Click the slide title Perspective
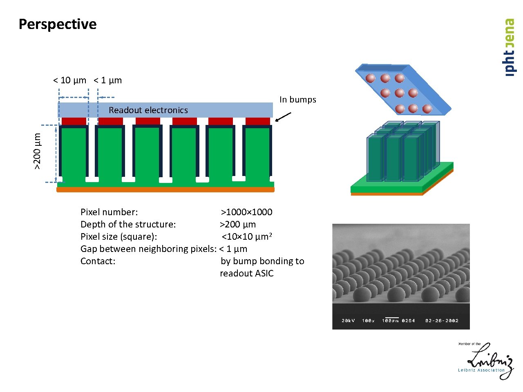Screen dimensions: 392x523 pos(58,24)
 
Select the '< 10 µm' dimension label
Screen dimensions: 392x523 pos(70,80)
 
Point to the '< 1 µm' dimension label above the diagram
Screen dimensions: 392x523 pos(108,80)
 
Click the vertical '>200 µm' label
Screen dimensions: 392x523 pos(37,151)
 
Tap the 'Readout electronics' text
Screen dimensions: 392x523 pos(148,110)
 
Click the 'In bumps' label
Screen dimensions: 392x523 pos(297,100)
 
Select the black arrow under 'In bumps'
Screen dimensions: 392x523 pos(283,117)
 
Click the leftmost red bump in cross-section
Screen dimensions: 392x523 pos(74,121)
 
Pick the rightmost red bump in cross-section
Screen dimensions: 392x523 pos(258,121)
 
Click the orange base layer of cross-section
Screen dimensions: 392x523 pos(165,189)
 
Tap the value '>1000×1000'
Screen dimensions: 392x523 pos(246,212)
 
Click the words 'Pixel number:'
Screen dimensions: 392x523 pos(109,212)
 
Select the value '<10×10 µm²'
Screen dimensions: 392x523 pos(247,236)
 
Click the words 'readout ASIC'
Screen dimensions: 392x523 pos(246,274)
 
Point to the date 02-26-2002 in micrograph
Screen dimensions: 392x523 pos(442,321)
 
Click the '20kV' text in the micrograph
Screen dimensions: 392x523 pos(348,321)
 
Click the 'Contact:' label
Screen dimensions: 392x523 pos(98,261)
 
